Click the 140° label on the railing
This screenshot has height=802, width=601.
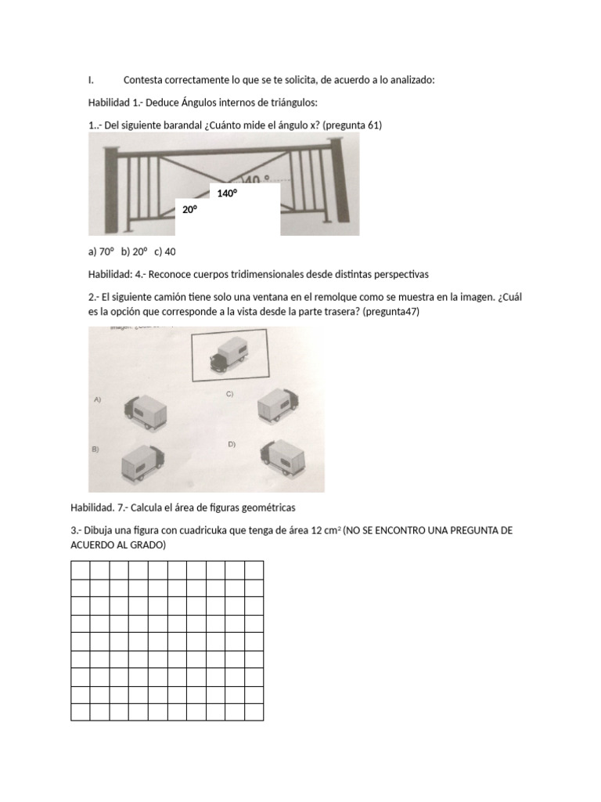pyautogui.click(x=228, y=193)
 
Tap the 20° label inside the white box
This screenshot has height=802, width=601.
pyautogui.click(x=190, y=209)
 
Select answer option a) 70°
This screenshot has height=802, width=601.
pyautogui.click(x=101, y=251)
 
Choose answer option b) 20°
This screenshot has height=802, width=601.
pyautogui.click(x=135, y=251)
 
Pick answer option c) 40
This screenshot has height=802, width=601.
pyautogui.click(x=165, y=251)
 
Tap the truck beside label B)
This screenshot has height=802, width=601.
pyautogui.click(x=143, y=464)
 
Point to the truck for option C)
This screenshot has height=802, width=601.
pyautogui.click(x=278, y=406)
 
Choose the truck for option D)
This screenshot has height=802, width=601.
pyautogui.click(x=283, y=459)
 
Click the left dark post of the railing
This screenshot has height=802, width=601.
pyautogui.click(x=111, y=190)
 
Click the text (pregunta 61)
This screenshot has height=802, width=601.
pyautogui.click(x=353, y=125)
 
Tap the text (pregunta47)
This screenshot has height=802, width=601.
pyautogui.click(x=391, y=312)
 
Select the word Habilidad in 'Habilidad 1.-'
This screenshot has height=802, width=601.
pyautogui.click(x=109, y=103)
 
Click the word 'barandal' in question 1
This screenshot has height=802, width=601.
pyautogui.click(x=182, y=125)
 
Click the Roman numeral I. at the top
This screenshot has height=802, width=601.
pyautogui.click(x=91, y=80)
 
